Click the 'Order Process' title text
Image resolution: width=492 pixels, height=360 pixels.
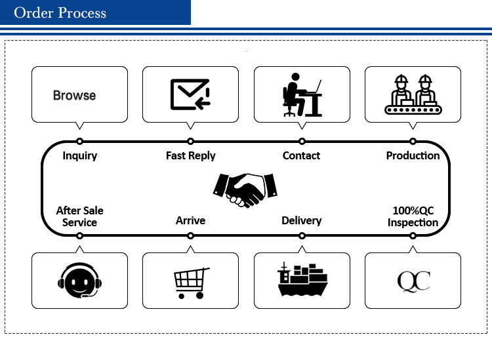[60, 13]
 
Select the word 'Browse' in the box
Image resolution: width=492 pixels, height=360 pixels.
[74, 95]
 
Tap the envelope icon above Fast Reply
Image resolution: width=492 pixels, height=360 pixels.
[190, 94]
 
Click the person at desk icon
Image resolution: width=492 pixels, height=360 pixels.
[302, 94]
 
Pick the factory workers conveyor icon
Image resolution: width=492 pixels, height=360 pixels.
[413, 94]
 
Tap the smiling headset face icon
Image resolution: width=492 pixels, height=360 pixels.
[79, 280]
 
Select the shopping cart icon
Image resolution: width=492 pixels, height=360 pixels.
[192, 283]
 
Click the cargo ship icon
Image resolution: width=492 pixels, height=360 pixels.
[302, 280]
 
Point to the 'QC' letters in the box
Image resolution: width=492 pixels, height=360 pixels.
[413, 281]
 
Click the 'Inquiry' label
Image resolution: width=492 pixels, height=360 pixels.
[79, 155]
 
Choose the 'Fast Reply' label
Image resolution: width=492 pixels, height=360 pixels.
[190, 155]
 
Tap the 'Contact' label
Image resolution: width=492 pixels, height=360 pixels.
[301, 155]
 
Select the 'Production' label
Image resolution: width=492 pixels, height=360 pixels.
[413, 155]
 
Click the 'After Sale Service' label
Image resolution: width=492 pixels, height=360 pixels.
[79, 216]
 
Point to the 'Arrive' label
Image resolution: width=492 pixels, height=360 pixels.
[190, 220]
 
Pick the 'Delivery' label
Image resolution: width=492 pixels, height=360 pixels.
[302, 220]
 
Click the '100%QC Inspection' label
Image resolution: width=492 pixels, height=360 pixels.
[413, 216]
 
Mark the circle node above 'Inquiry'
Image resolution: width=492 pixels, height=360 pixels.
[79, 142]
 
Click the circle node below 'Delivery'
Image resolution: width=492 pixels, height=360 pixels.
[302, 235]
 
